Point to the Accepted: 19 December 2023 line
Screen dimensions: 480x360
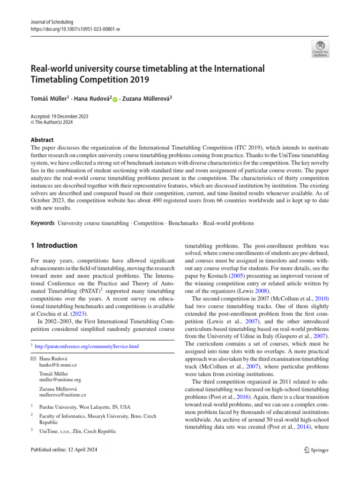pyautogui.click(x=60, y=117)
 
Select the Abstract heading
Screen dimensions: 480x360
pyautogui.click(x=42, y=140)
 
